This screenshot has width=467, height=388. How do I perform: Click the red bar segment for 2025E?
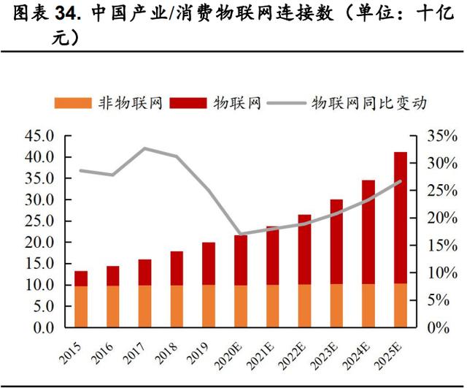point(401,218)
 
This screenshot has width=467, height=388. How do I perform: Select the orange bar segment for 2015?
point(81,306)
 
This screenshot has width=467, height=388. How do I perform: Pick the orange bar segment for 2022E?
point(304,306)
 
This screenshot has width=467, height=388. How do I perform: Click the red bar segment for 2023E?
point(336,241)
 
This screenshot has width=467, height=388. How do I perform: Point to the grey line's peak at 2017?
point(145,148)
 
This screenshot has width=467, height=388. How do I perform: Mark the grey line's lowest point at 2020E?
point(241,235)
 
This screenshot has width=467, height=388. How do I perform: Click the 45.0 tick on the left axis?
point(39,136)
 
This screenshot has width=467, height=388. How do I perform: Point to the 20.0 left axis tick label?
point(39,243)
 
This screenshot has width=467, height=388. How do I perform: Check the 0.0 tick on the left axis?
point(44,328)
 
